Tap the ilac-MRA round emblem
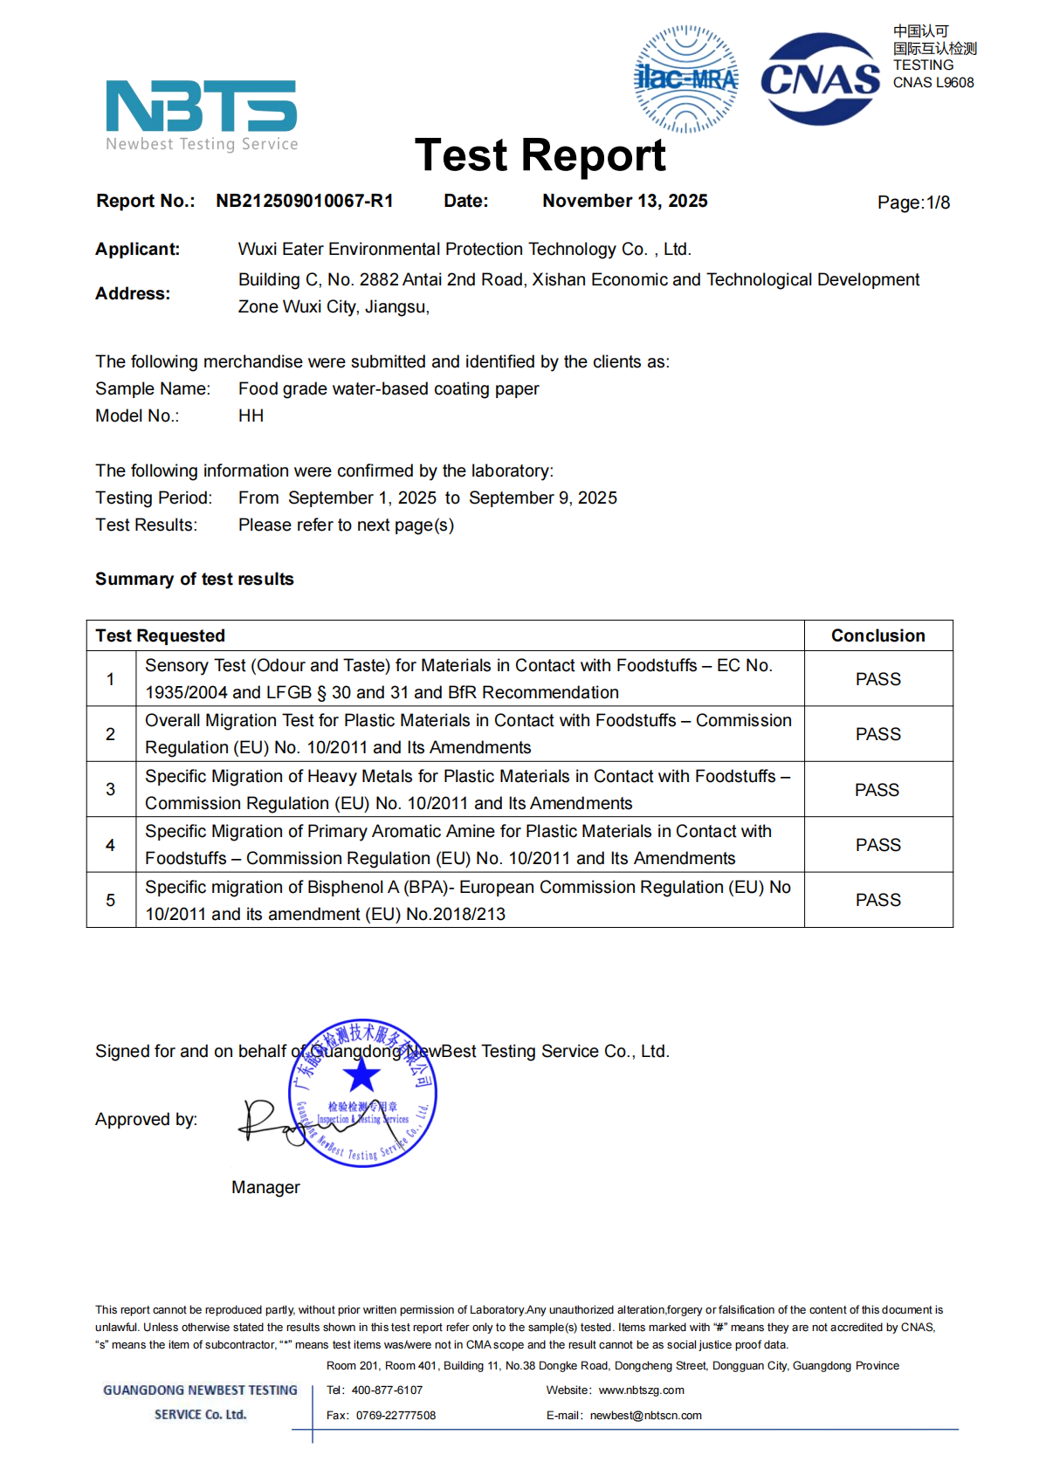[686, 79]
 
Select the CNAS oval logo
[820, 79]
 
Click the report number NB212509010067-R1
[305, 201]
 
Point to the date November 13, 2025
[624, 201]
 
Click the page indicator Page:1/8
[913, 203]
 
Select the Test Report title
[540, 155]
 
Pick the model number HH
[251, 415]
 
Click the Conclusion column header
[877, 635]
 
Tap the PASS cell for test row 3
[877, 790]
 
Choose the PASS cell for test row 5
[877, 900]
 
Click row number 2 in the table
[110, 734]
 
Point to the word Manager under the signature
[265, 1187]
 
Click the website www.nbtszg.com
[641, 1390]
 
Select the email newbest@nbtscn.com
[645, 1416]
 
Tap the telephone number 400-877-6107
[387, 1390]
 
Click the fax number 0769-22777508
[396, 1416]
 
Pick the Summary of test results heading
[195, 579]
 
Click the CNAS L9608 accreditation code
[933, 83]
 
